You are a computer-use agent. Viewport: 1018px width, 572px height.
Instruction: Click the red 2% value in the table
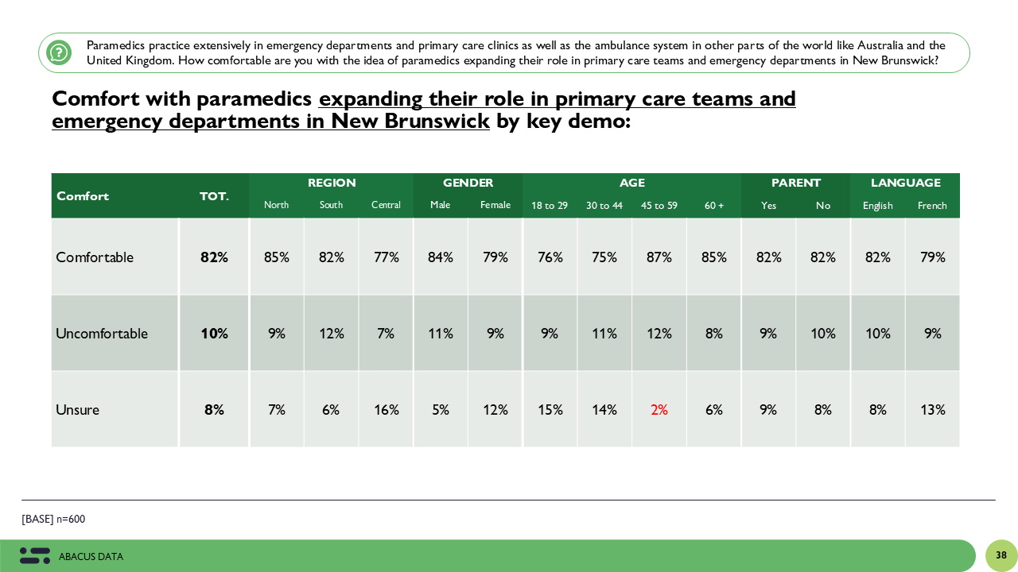point(659,410)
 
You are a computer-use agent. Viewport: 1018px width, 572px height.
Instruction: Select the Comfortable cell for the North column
point(277,257)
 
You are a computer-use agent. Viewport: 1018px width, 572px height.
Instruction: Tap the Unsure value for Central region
point(386,410)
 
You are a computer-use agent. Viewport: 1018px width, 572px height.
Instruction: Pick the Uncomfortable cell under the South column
point(331,334)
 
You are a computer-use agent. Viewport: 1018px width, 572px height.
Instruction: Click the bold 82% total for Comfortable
point(214,257)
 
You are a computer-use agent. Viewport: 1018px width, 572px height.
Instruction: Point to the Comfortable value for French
point(932,257)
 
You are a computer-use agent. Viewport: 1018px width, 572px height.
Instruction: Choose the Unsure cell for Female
point(495,410)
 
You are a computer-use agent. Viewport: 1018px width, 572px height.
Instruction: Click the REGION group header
point(332,183)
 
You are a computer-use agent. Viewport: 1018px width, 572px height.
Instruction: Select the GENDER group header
point(468,183)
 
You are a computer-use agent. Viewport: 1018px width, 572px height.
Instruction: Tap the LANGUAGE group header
point(905,183)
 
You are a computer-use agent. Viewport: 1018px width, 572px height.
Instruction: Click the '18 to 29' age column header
point(550,206)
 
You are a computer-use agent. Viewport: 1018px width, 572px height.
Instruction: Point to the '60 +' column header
point(714,206)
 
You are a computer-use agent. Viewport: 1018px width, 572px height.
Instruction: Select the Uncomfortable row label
point(102,334)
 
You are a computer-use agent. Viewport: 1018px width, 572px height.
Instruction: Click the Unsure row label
point(78,410)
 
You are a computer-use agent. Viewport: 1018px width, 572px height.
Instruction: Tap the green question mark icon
point(59,52)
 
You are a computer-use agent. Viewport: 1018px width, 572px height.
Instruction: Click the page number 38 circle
point(1001,555)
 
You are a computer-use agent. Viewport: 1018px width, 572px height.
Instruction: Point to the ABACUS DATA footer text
point(91,557)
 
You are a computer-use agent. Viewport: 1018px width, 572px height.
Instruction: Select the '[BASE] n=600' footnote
point(53,520)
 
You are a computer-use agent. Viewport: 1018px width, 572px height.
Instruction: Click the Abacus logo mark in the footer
point(35,556)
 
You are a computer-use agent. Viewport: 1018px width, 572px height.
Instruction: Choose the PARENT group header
point(795,183)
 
